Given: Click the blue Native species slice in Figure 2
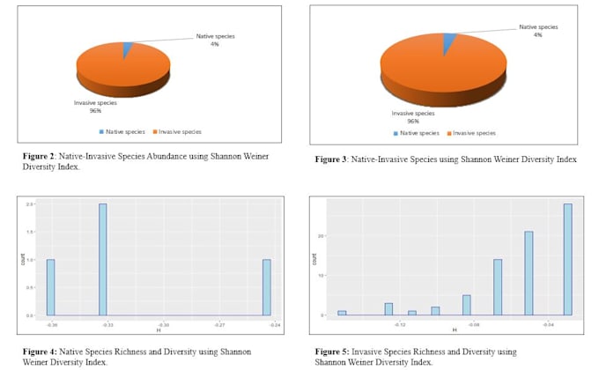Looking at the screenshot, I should pos(129,50).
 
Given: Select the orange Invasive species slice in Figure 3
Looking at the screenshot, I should pos(440,70).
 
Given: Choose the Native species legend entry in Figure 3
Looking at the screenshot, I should pos(418,133).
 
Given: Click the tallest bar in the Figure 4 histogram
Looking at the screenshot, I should pos(103,259).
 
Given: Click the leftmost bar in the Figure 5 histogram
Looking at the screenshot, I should pos(342,312).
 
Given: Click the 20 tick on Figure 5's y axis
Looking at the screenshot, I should pos(323,236).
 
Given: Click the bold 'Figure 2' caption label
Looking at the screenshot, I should pos(41,156).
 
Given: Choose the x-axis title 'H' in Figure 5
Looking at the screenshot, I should pos(454,330).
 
